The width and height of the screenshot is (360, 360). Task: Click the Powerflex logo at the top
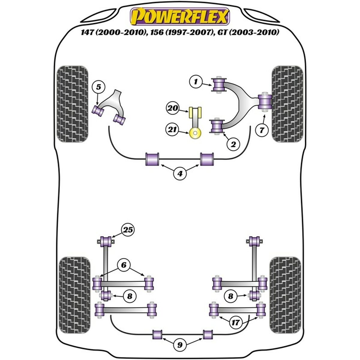(179, 16)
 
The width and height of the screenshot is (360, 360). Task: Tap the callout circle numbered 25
(128, 230)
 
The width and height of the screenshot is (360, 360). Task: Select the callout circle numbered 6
(124, 265)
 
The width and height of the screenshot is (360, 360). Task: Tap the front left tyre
(73, 103)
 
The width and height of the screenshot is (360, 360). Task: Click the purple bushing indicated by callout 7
(265, 102)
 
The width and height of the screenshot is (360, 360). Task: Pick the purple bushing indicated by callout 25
(106, 241)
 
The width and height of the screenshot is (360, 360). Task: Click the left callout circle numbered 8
(129, 296)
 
